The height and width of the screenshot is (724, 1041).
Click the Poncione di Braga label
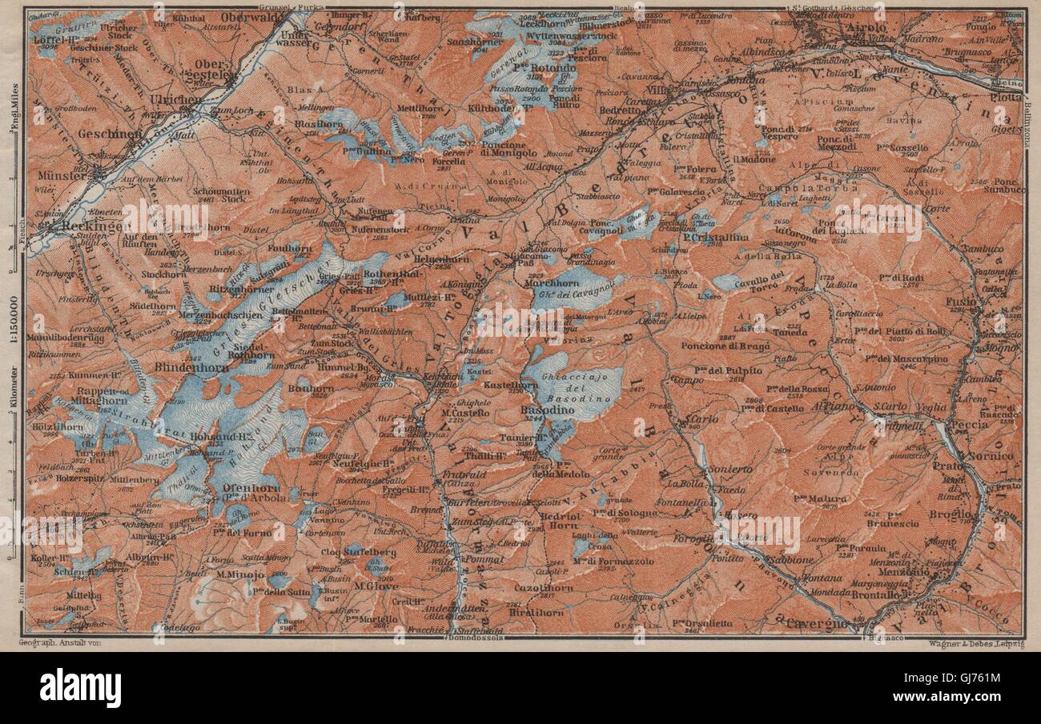(x=738, y=346)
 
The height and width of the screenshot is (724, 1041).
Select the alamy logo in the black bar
(x=80, y=687)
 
